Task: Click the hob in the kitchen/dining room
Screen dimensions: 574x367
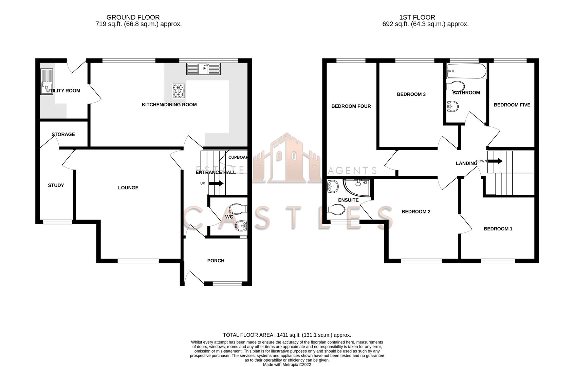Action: click(x=179, y=91)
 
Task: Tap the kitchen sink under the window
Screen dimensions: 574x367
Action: click(x=203, y=69)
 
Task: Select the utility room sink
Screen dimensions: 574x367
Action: click(x=47, y=82)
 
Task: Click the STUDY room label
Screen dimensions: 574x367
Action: click(x=56, y=185)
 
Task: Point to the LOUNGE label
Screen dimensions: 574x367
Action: click(x=128, y=188)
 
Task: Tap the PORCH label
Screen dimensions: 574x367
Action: click(x=216, y=261)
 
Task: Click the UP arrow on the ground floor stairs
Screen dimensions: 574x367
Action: click(x=216, y=183)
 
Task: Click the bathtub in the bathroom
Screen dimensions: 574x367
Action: click(x=466, y=71)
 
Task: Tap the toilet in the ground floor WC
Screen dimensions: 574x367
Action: click(x=238, y=209)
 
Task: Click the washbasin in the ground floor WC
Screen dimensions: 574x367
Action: click(x=241, y=225)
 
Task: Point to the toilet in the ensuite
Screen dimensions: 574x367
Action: click(x=336, y=209)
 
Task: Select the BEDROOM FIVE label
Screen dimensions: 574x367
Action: click(x=512, y=105)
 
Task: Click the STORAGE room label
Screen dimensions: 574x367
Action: click(x=63, y=134)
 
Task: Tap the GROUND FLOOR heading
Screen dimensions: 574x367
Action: click(x=133, y=17)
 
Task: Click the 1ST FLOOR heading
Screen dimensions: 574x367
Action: click(x=417, y=17)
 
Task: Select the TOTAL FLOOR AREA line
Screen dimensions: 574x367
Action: click(x=287, y=335)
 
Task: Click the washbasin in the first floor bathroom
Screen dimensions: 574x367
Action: click(x=452, y=106)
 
